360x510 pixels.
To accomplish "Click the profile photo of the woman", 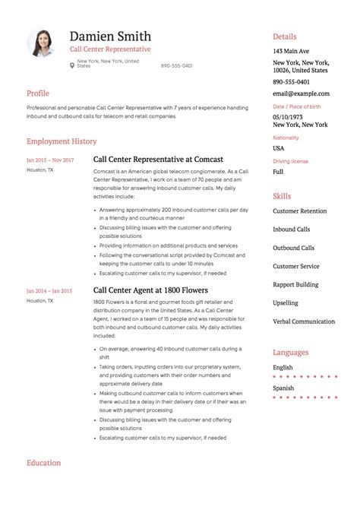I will pyautogui.click(x=43, y=43).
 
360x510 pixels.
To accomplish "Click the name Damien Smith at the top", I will pyautogui.click(x=110, y=36).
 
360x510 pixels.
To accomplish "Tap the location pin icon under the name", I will pyautogui.click(x=72, y=65).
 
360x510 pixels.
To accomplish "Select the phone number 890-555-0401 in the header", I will pyautogui.click(x=176, y=65).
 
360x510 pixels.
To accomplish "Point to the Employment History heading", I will pyautogui.click(x=62, y=141).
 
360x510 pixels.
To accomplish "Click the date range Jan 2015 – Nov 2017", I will pyautogui.click(x=50, y=160).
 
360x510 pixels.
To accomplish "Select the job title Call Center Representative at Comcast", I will pyautogui.click(x=158, y=160).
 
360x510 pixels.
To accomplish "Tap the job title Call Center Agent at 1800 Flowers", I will pyautogui.click(x=150, y=290).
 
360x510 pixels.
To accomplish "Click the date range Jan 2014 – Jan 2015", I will pyautogui.click(x=49, y=291).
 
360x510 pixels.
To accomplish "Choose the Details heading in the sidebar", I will pyautogui.click(x=285, y=36).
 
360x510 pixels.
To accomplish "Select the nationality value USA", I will pyautogui.click(x=279, y=148).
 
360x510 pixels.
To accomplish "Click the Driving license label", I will pyautogui.click(x=290, y=162).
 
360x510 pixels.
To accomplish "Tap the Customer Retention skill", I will pyautogui.click(x=300, y=211).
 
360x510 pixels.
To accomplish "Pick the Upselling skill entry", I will pyautogui.click(x=286, y=303).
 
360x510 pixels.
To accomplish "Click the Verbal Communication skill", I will pyautogui.click(x=304, y=322).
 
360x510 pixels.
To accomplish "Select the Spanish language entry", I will pyautogui.click(x=284, y=388).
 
